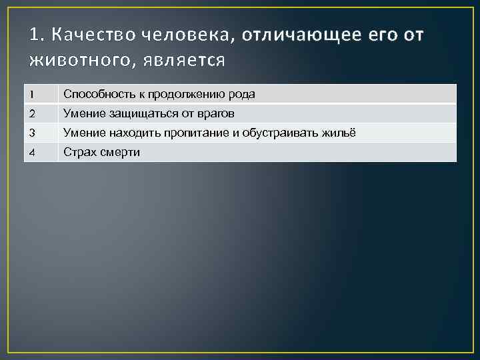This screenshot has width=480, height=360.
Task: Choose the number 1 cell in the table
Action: point(41,95)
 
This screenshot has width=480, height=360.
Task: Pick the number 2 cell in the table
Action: point(41,113)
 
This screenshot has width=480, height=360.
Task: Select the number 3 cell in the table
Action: point(41,133)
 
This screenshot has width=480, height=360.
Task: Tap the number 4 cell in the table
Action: point(41,152)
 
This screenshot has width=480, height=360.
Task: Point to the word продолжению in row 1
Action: point(184,95)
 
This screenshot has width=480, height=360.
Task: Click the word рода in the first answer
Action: point(242,95)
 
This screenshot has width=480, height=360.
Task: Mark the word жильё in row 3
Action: point(341,133)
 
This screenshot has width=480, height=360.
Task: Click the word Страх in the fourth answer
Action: point(79,152)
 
